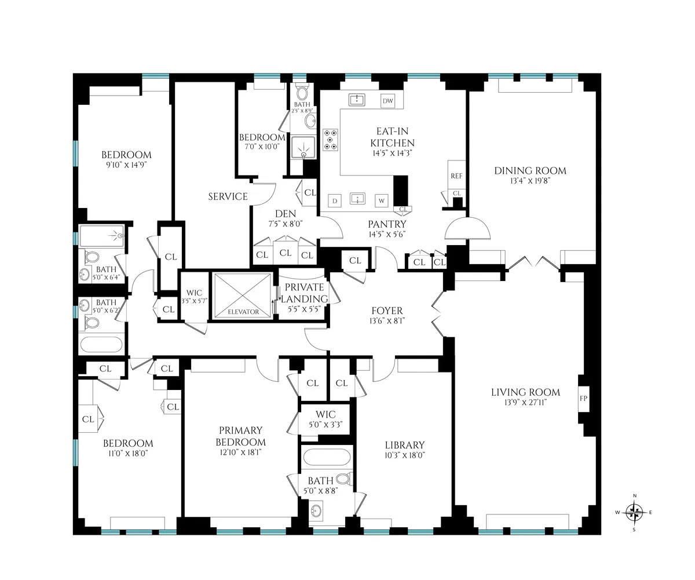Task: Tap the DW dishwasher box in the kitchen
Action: [x=387, y=101]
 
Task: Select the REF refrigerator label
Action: [x=456, y=176]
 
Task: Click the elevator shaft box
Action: [x=243, y=295]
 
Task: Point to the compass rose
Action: [x=635, y=512]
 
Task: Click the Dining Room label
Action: [x=530, y=170]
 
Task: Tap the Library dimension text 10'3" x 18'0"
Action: [x=404, y=455]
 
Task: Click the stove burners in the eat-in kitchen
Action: [x=331, y=140]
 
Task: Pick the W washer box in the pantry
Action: [x=382, y=201]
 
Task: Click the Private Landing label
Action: [x=304, y=293]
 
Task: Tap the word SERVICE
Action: [x=228, y=196]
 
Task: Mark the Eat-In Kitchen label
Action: [x=392, y=137]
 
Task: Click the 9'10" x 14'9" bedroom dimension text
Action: [x=126, y=165]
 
